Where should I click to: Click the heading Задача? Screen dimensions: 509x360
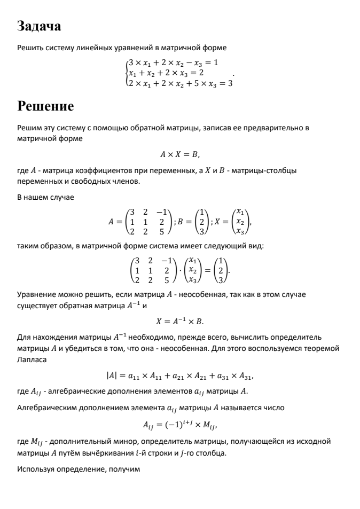coord(39,26)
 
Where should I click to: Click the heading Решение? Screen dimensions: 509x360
coord(45,106)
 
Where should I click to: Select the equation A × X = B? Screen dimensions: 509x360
coord(179,154)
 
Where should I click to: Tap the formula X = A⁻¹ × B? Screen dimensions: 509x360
coord(179,322)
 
